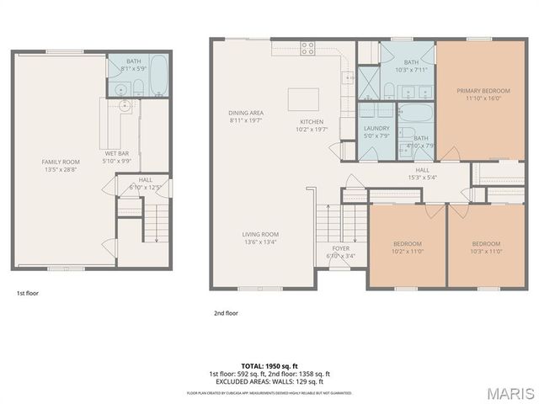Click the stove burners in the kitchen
click(308, 48)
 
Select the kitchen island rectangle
click(303, 99)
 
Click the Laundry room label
click(376, 129)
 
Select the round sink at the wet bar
click(124, 106)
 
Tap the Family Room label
click(61, 161)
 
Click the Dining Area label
click(246, 113)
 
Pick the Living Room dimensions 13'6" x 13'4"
click(260, 242)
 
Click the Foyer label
click(340, 248)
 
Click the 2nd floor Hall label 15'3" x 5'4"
click(422, 173)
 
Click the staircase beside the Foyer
click(329, 224)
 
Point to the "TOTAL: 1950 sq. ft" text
click(269, 366)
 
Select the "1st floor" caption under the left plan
click(28, 293)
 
